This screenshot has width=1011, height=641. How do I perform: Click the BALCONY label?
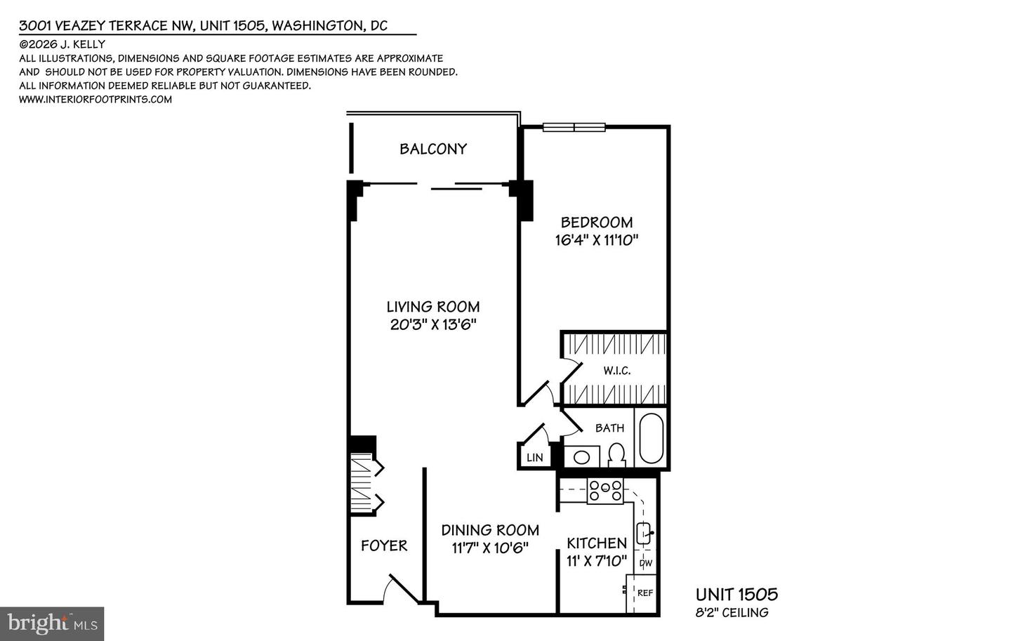[x=433, y=149]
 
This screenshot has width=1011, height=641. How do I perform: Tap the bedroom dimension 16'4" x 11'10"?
[x=597, y=240]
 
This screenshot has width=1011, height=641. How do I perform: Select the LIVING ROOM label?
[x=433, y=307]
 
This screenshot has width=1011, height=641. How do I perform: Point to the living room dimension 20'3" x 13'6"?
[x=433, y=324]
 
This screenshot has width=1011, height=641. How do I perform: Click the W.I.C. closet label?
[x=617, y=370]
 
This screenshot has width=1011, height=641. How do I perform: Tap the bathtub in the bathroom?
[x=651, y=438]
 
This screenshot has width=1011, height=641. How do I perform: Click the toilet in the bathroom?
[x=616, y=454]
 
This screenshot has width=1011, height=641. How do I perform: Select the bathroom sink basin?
[x=582, y=457]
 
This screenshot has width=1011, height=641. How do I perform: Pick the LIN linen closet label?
[x=535, y=458]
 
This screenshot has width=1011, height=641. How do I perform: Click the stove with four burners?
[x=605, y=491]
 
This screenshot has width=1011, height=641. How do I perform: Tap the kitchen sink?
[x=644, y=533]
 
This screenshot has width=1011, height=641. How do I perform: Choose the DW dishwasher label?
[x=645, y=563]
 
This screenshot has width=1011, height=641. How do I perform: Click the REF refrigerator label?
[x=645, y=593]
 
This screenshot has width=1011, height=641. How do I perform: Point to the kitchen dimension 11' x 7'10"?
[x=597, y=561]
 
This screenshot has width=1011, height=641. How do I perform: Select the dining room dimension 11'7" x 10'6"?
[x=490, y=548]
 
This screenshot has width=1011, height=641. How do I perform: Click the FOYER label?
[x=384, y=546]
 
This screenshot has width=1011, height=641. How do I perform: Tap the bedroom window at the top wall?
[x=574, y=127]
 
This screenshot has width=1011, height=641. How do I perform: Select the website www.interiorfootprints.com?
[x=95, y=99]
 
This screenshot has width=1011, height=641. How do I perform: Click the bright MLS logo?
[x=52, y=623]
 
